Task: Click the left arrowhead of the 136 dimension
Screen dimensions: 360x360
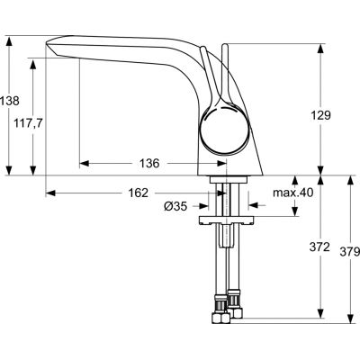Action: pyautogui.click(x=84, y=164)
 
